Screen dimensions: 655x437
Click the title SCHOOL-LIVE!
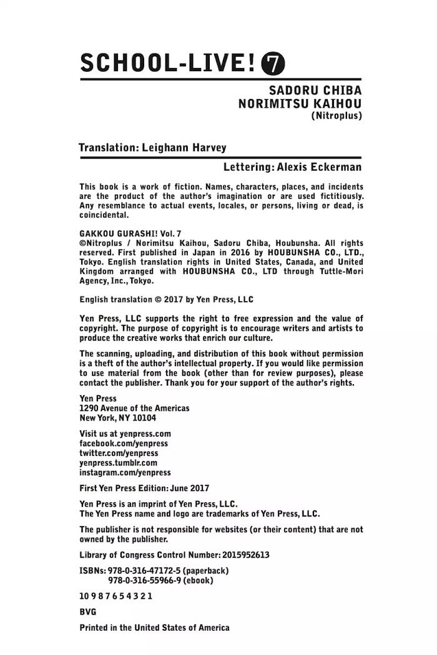pyautogui.click(x=168, y=63)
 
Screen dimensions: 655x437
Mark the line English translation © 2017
pyautogui.click(x=167, y=299)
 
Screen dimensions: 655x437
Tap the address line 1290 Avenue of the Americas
pyautogui.click(x=134, y=408)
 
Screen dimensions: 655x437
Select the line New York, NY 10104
pyautogui.click(x=118, y=418)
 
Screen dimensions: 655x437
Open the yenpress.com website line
pyautogui.click(x=125, y=434)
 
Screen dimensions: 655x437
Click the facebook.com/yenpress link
pyautogui.click(x=124, y=443)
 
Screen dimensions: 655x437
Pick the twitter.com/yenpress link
pyautogui.click(x=119, y=453)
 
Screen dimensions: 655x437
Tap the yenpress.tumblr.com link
pyautogui.click(x=118, y=463)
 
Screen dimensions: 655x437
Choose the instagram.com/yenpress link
pyautogui.click(x=125, y=473)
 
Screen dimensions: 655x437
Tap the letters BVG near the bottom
pyautogui.click(x=88, y=612)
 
